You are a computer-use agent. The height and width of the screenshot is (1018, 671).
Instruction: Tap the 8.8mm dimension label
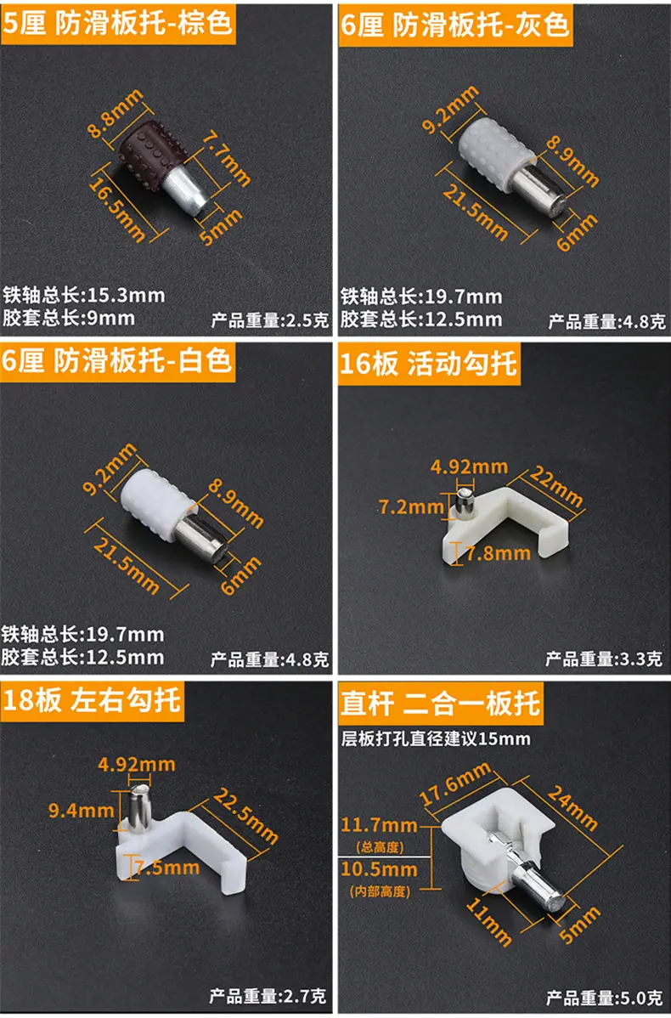(x=115, y=114)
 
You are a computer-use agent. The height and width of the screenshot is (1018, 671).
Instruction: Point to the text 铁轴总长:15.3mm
(x=84, y=295)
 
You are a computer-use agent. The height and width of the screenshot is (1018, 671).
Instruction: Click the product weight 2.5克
(x=270, y=320)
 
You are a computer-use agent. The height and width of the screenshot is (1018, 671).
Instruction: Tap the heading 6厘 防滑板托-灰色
(x=455, y=25)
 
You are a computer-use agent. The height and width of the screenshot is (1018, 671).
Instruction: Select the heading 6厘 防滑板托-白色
(x=117, y=360)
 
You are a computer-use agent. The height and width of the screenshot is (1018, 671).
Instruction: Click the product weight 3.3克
(x=604, y=659)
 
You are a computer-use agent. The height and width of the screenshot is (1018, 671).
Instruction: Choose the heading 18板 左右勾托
(x=92, y=700)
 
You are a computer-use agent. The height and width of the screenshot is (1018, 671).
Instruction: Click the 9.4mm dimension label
(x=82, y=810)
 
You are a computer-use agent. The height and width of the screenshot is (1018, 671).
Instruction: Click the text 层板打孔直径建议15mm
(x=436, y=738)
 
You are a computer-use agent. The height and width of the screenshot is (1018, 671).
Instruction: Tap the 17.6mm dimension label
(x=455, y=783)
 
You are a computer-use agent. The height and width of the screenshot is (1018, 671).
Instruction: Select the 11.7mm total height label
(x=379, y=825)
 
